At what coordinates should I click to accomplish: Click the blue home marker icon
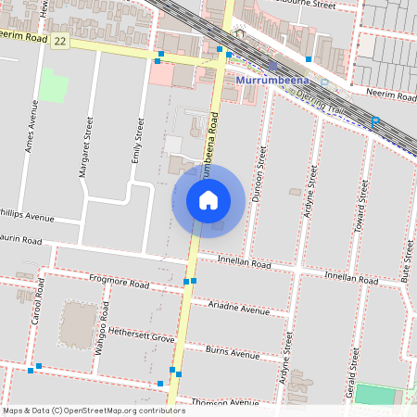[x=208, y=199]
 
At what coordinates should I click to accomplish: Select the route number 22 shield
[x=60, y=41]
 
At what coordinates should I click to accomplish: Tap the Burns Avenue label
[x=233, y=353]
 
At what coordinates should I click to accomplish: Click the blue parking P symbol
[x=375, y=121]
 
